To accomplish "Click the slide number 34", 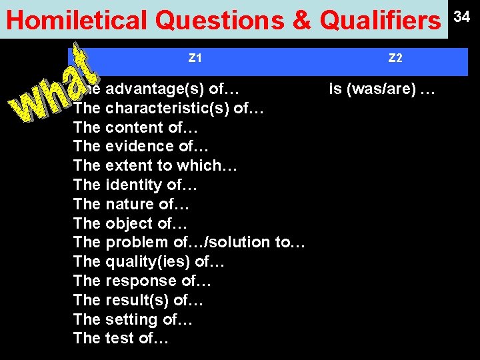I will [462, 16].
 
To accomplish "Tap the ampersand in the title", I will [301, 21].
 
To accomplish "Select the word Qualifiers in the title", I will [380, 21].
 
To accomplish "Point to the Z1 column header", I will [195, 59].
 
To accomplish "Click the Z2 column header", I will [395, 59].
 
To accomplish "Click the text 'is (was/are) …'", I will [382, 88].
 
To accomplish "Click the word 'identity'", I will [135, 185].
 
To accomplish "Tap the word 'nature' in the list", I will [130, 204].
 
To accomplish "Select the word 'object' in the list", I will [129, 223].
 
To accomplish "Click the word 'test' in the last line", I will [119, 338].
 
